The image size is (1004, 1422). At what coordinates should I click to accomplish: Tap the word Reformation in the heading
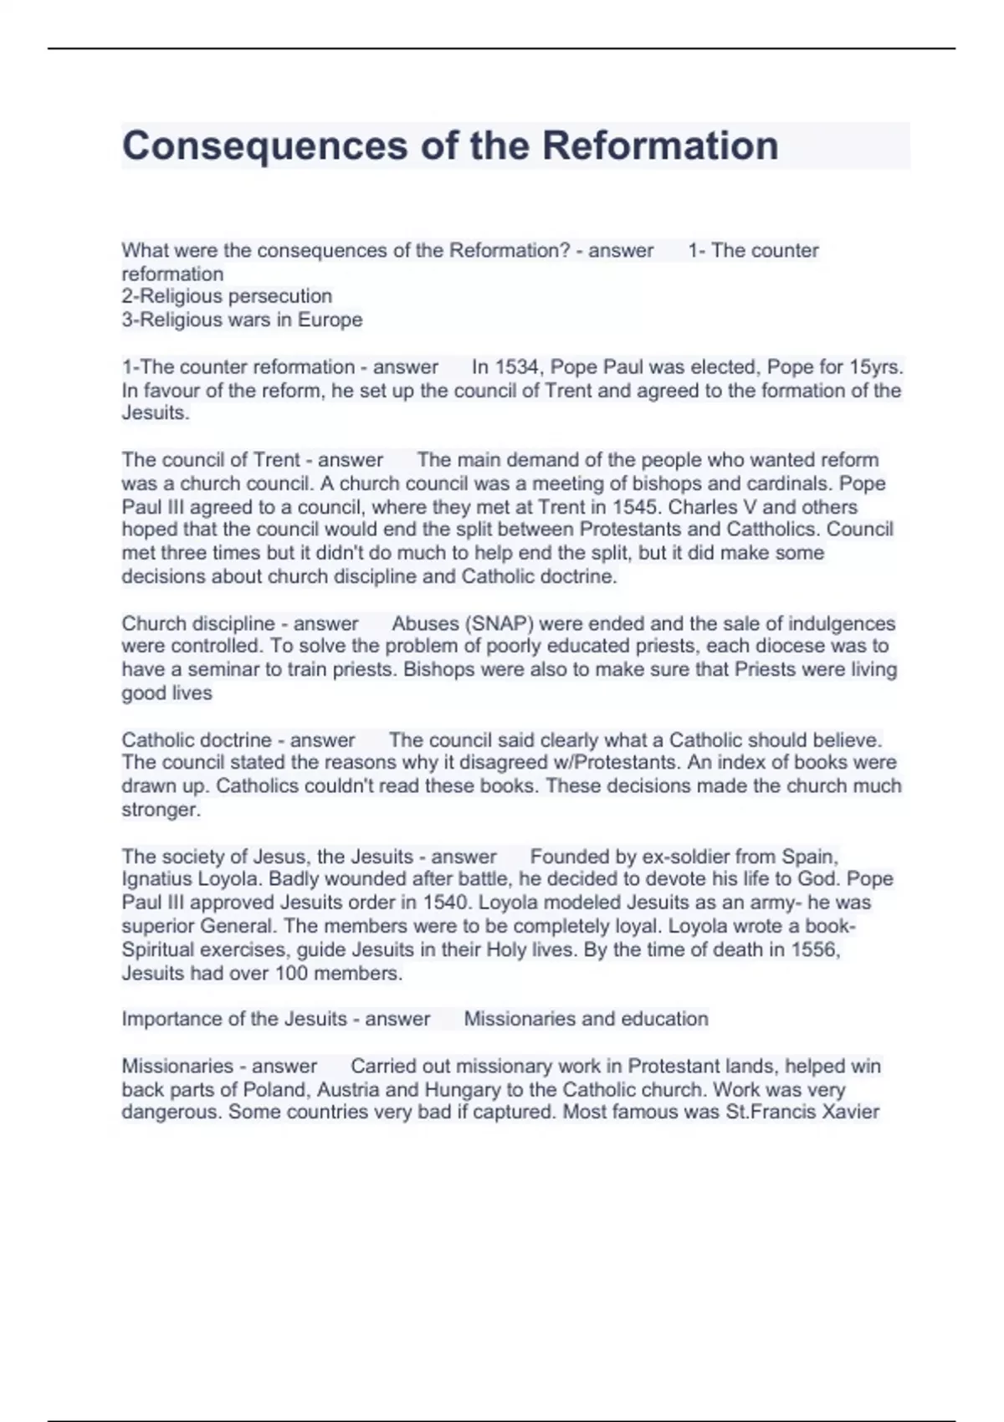pos(660,146)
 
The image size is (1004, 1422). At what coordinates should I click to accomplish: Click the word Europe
pos(330,320)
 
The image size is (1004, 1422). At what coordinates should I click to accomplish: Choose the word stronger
pos(161,810)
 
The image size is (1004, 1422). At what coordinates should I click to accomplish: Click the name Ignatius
pos(159,880)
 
